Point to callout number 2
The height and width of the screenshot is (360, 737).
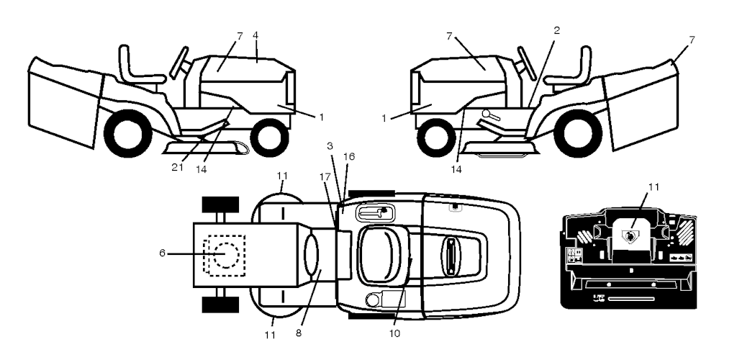[x=557, y=30]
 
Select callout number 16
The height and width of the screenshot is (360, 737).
[x=349, y=156]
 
